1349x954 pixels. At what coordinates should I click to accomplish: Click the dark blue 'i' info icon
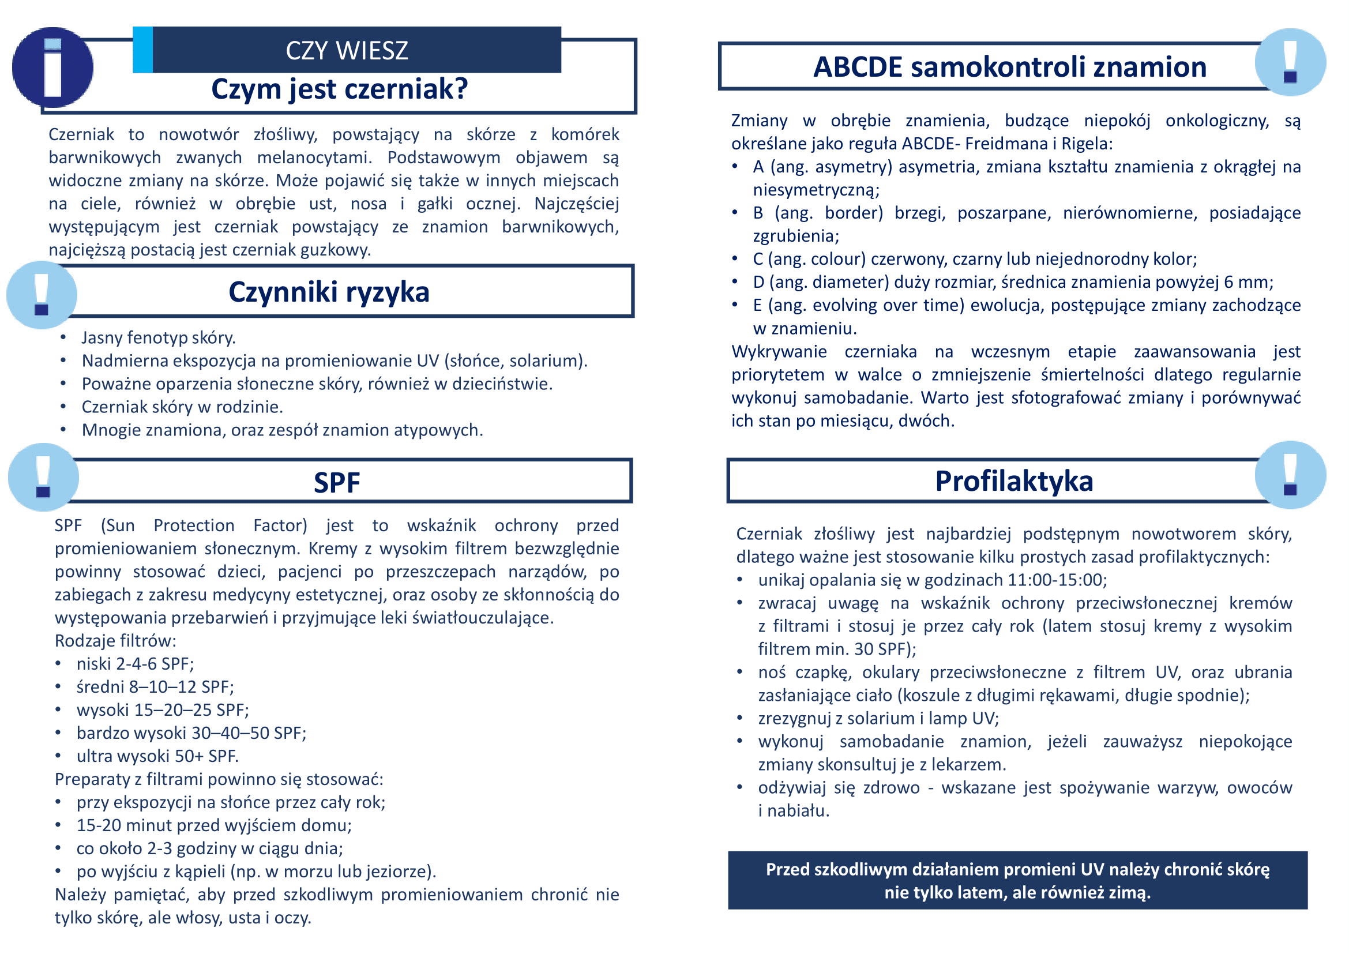[x=53, y=67]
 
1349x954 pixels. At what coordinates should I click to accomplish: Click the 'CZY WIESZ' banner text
[x=347, y=51]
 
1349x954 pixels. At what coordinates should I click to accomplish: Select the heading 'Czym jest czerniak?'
[x=340, y=89]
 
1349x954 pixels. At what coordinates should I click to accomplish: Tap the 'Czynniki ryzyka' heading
[x=329, y=292]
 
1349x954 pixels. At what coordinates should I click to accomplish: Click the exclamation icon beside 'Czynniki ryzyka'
[x=42, y=294]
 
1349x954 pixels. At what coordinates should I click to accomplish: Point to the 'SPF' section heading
[x=337, y=482]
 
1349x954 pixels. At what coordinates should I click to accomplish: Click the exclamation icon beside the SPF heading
[x=43, y=476]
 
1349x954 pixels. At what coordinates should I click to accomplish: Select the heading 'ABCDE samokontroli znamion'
[x=1009, y=67]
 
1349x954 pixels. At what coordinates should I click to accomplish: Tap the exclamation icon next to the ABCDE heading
[x=1290, y=62]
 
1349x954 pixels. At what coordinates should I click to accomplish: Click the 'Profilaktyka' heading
[x=1014, y=481]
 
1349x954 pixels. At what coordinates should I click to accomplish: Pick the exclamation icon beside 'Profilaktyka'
[x=1290, y=475]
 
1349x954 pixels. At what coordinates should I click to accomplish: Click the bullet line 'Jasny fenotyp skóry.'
[x=159, y=338]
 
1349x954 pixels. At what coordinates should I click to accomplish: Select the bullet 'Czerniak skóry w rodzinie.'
[x=182, y=407]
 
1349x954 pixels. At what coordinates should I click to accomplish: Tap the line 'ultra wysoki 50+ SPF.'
[x=157, y=756]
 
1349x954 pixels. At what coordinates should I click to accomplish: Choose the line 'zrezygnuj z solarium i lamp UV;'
[x=878, y=719]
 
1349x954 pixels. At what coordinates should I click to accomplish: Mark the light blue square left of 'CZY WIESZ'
[x=143, y=50]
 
